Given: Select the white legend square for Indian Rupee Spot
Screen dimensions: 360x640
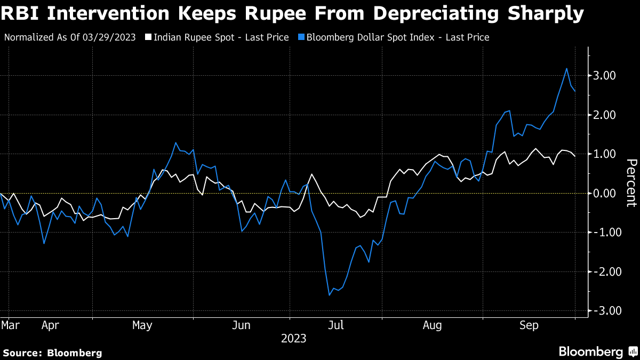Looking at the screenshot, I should tap(149, 37).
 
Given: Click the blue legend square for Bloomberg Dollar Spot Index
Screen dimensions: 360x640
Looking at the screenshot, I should tap(302, 37).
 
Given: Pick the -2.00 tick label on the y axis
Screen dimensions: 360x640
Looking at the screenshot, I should tap(603, 271).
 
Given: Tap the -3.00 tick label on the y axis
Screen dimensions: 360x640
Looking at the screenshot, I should tap(603, 311).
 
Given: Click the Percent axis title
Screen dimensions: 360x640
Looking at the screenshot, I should tap(631, 182).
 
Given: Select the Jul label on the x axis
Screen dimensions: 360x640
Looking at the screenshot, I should tap(336, 325).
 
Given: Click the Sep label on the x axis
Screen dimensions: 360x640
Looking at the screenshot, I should tap(529, 325).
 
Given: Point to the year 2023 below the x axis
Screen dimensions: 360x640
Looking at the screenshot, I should tap(294, 338).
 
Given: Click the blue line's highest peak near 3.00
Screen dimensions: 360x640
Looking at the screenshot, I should tap(566, 68).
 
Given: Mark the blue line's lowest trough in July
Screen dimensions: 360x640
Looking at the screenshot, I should tap(330, 295).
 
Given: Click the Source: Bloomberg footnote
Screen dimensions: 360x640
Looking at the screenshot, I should tap(52, 353).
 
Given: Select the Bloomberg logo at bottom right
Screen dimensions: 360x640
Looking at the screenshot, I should tap(597, 351).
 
